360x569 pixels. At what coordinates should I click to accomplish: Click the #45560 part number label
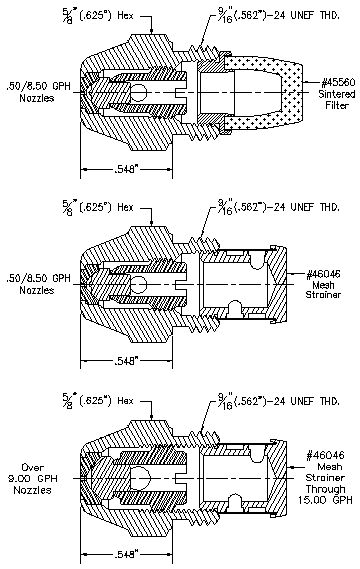coord(337,83)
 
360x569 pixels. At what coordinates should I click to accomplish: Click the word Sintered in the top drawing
coord(337,94)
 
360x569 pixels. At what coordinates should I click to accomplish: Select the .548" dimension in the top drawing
coord(126,169)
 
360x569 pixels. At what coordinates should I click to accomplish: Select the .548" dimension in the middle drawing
coord(126,361)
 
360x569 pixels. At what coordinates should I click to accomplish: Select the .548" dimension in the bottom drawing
coord(126,554)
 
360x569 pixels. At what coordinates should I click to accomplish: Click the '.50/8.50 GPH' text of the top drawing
coord(38,86)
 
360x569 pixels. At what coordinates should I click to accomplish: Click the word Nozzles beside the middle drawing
coord(37,290)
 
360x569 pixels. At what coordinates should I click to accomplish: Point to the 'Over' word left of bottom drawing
coord(32,467)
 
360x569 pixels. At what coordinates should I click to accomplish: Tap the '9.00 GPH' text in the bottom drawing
coord(33,479)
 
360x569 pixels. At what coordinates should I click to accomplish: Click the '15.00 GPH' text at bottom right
coord(325,500)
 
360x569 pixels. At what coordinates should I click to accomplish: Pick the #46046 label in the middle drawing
coord(323,274)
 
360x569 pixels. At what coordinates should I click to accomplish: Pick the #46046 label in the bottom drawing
coord(326,455)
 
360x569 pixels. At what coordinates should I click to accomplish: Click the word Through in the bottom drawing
coord(325,489)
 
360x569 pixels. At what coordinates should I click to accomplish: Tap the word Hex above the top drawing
coord(125,16)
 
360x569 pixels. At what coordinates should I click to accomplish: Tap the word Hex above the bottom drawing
coord(125,401)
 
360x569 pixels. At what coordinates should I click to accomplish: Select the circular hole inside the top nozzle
coord(138,92)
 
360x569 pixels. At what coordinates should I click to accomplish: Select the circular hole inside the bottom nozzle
coord(139,478)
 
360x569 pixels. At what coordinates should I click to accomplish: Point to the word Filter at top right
coord(337,105)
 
